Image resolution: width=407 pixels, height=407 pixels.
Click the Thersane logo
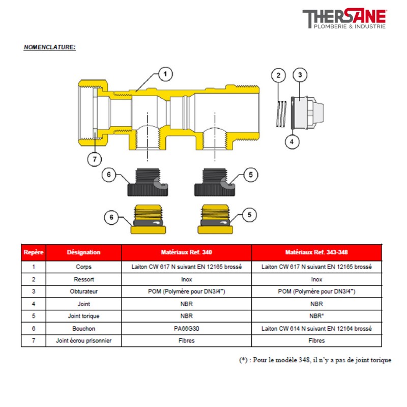tap(344, 20)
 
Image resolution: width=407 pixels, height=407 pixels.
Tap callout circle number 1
tap(164, 74)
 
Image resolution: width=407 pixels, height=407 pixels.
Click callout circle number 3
tap(300, 75)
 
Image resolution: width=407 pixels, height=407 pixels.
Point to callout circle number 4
tap(291, 141)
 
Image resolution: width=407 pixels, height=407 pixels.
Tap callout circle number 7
tap(94, 159)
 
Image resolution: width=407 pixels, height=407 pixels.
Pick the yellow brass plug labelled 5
tap(217, 220)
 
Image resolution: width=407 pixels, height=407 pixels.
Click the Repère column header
tap(33, 252)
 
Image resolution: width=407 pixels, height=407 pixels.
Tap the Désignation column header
tap(83, 252)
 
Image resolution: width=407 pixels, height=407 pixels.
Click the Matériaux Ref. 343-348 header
tap(316, 252)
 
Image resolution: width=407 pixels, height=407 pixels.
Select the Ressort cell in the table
tap(83, 279)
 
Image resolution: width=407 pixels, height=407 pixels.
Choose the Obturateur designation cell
tap(83, 292)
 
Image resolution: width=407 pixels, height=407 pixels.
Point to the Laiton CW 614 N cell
tap(316, 329)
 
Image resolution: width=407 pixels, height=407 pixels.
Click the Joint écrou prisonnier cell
tap(83, 341)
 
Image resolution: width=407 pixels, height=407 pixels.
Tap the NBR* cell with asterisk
tap(316, 316)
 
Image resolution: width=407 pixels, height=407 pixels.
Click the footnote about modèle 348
tap(315, 360)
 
